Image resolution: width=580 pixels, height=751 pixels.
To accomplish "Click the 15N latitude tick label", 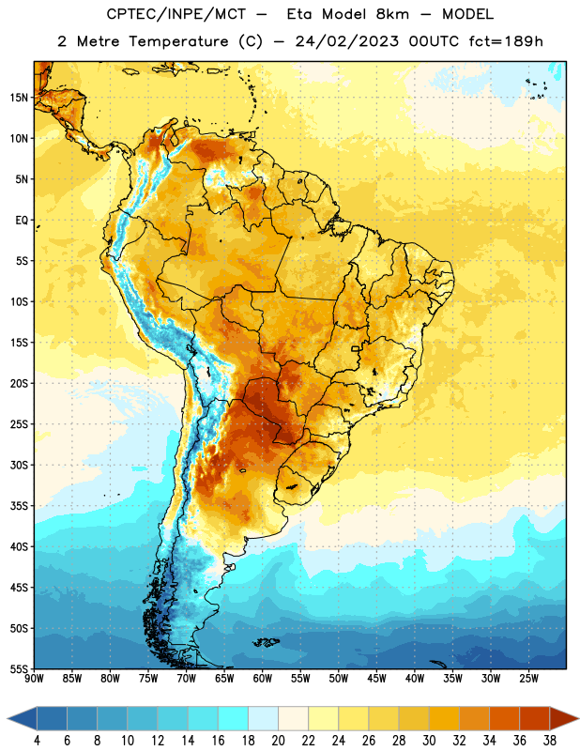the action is coord(19,98).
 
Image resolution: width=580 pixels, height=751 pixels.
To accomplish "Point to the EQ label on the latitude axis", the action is coord(22,221).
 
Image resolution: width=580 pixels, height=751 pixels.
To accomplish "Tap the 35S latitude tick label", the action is coord(19,506).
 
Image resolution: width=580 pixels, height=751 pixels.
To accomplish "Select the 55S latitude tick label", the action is coord(19,669).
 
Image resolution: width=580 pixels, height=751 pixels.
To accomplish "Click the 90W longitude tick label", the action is coord(34,679).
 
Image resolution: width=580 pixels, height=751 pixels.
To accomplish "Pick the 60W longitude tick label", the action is coord(263,679).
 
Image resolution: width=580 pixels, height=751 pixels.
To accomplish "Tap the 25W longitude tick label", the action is coord(528,679).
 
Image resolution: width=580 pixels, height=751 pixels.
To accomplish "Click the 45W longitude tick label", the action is coord(376,679).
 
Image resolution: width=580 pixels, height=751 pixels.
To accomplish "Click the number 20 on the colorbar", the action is coord(278,741).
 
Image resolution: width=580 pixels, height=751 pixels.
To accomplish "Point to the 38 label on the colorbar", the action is coord(550,741).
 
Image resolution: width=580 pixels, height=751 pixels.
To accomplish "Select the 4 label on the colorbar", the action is coord(37,741).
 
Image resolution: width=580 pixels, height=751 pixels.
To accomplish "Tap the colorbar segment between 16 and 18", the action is coord(234,718).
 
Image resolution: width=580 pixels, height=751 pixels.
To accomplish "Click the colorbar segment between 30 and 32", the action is coord(445,718).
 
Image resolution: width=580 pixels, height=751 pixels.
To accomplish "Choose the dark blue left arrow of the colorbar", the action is coord(22,718).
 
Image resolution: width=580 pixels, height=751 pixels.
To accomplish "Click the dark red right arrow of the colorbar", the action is coord(565,718).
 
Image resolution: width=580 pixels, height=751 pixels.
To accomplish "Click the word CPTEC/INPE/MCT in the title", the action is coord(176,14).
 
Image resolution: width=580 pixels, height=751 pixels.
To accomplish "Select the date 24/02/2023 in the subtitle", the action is coord(346,41).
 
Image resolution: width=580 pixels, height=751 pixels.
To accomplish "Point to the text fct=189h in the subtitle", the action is coord(506,41).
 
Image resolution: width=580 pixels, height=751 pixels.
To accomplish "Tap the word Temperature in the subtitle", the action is coord(178,41).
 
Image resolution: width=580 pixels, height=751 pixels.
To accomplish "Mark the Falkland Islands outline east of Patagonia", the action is coord(267,642).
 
